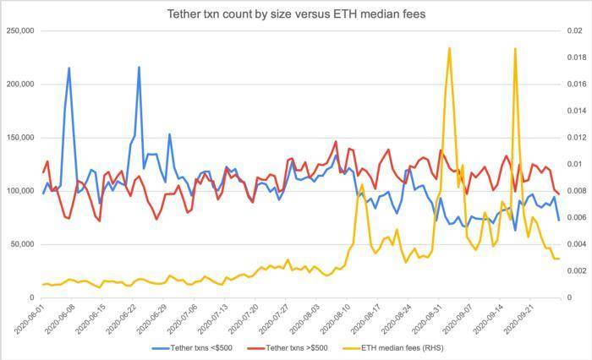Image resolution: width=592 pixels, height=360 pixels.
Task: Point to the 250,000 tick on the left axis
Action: point(19,31)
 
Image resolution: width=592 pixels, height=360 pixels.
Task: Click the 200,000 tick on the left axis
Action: point(19,85)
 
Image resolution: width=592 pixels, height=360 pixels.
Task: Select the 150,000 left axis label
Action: point(19,138)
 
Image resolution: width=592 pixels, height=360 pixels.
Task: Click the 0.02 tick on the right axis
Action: point(575,31)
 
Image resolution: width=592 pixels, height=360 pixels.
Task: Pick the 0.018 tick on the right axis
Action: point(577,57)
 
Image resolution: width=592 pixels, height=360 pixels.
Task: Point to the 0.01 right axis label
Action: point(575,164)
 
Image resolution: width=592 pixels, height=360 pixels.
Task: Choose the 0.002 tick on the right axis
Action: point(577,271)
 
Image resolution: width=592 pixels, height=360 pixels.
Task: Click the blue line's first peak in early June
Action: point(69,68)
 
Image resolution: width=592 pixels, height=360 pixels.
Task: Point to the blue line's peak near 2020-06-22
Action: point(139,68)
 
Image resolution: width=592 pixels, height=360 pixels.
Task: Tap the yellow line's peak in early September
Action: point(449,48)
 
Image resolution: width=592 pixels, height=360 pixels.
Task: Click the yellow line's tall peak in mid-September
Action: point(515,48)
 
